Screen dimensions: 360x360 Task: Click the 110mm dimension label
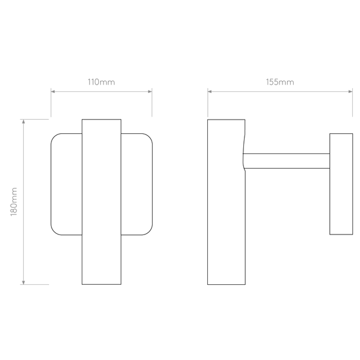101,82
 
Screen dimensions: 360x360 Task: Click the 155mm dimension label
280,82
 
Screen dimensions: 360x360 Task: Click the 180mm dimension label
14,201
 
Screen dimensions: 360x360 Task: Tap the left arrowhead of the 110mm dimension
53,92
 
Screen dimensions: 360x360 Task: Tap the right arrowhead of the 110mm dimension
150,92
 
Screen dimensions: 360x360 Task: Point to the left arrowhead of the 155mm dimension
210,92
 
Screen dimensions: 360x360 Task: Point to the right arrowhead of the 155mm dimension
351,92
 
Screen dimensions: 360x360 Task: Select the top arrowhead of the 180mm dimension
24,121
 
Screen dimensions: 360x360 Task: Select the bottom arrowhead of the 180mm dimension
24,282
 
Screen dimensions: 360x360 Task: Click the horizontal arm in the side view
287,161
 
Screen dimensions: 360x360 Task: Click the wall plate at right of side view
341,184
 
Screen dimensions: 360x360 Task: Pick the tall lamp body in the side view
226,202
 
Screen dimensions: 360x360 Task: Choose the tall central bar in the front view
101,202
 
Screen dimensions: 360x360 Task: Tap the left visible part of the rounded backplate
66,184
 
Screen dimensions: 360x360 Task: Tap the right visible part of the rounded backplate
137,184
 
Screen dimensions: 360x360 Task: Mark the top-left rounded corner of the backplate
54,137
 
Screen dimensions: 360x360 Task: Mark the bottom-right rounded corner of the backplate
149,232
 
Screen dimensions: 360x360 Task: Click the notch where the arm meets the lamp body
244,160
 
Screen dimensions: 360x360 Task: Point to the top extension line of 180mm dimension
34,119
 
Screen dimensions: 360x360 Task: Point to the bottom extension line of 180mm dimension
34,284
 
